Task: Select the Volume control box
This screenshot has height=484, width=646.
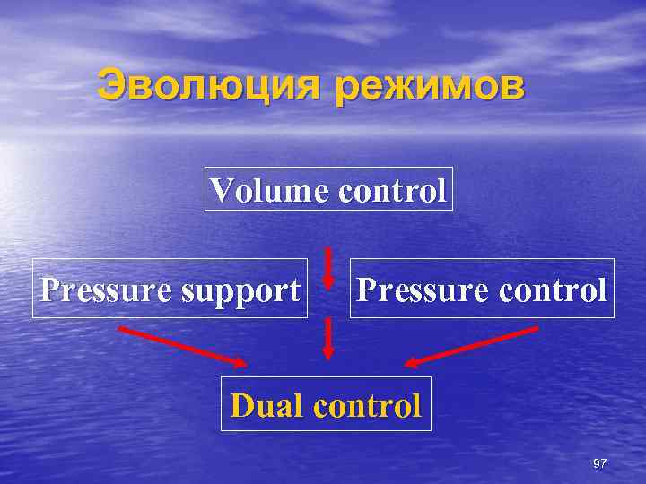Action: coord(328,188)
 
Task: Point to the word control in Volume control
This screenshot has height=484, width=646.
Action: coord(391,189)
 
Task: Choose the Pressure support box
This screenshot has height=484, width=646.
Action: coord(170,289)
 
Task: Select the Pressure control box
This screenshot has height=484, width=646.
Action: coord(482,289)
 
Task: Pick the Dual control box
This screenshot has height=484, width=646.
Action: coord(326,404)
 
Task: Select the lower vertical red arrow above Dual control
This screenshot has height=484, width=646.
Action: coord(328,339)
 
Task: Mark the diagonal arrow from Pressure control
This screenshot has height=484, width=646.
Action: coord(472,346)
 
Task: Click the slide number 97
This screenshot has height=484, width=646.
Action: coord(600,462)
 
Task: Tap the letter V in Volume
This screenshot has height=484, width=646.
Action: coord(221,189)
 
